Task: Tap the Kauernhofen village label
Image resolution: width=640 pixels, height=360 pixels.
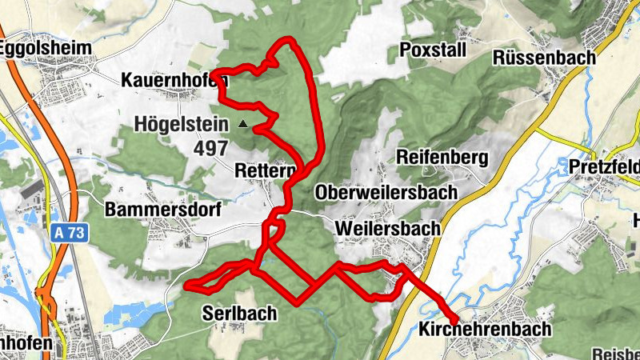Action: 173,80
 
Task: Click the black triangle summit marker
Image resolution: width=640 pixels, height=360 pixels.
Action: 243,124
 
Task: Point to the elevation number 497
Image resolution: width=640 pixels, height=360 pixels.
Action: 209,148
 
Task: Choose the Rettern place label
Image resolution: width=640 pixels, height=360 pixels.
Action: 264,170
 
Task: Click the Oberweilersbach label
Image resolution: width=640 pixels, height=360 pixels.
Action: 386,193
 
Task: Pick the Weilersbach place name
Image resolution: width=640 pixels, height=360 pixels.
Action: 389,228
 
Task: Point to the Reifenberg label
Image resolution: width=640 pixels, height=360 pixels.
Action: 442,158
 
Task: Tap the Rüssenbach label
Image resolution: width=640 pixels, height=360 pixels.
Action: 545,58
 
